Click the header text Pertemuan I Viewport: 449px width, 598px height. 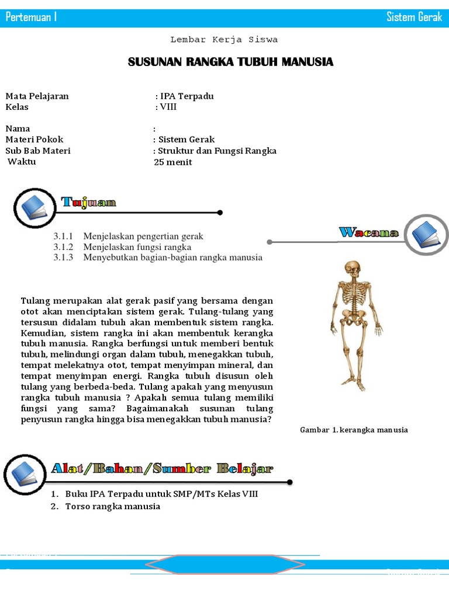(x=31, y=17)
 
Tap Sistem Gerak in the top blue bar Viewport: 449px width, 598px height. (x=414, y=17)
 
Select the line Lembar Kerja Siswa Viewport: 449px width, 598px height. (x=224, y=40)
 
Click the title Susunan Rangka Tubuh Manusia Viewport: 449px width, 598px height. (x=230, y=62)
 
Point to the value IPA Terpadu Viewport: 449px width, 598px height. (x=186, y=96)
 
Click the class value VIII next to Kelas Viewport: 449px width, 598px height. (x=168, y=107)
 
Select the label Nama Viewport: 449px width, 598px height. (x=18, y=128)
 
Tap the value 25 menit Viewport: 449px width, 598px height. (x=172, y=162)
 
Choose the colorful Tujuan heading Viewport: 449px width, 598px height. (x=89, y=203)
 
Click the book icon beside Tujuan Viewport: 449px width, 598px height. (x=34, y=207)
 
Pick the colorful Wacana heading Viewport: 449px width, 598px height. (x=369, y=232)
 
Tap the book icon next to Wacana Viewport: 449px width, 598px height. (x=426, y=234)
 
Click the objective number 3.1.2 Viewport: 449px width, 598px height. (x=63, y=247)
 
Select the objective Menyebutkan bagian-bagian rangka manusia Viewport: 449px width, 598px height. (x=173, y=258)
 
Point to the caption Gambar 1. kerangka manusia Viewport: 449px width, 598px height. (x=354, y=430)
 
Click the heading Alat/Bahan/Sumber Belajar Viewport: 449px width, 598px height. (x=162, y=468)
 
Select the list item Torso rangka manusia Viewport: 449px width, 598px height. (x=112, y=506)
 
